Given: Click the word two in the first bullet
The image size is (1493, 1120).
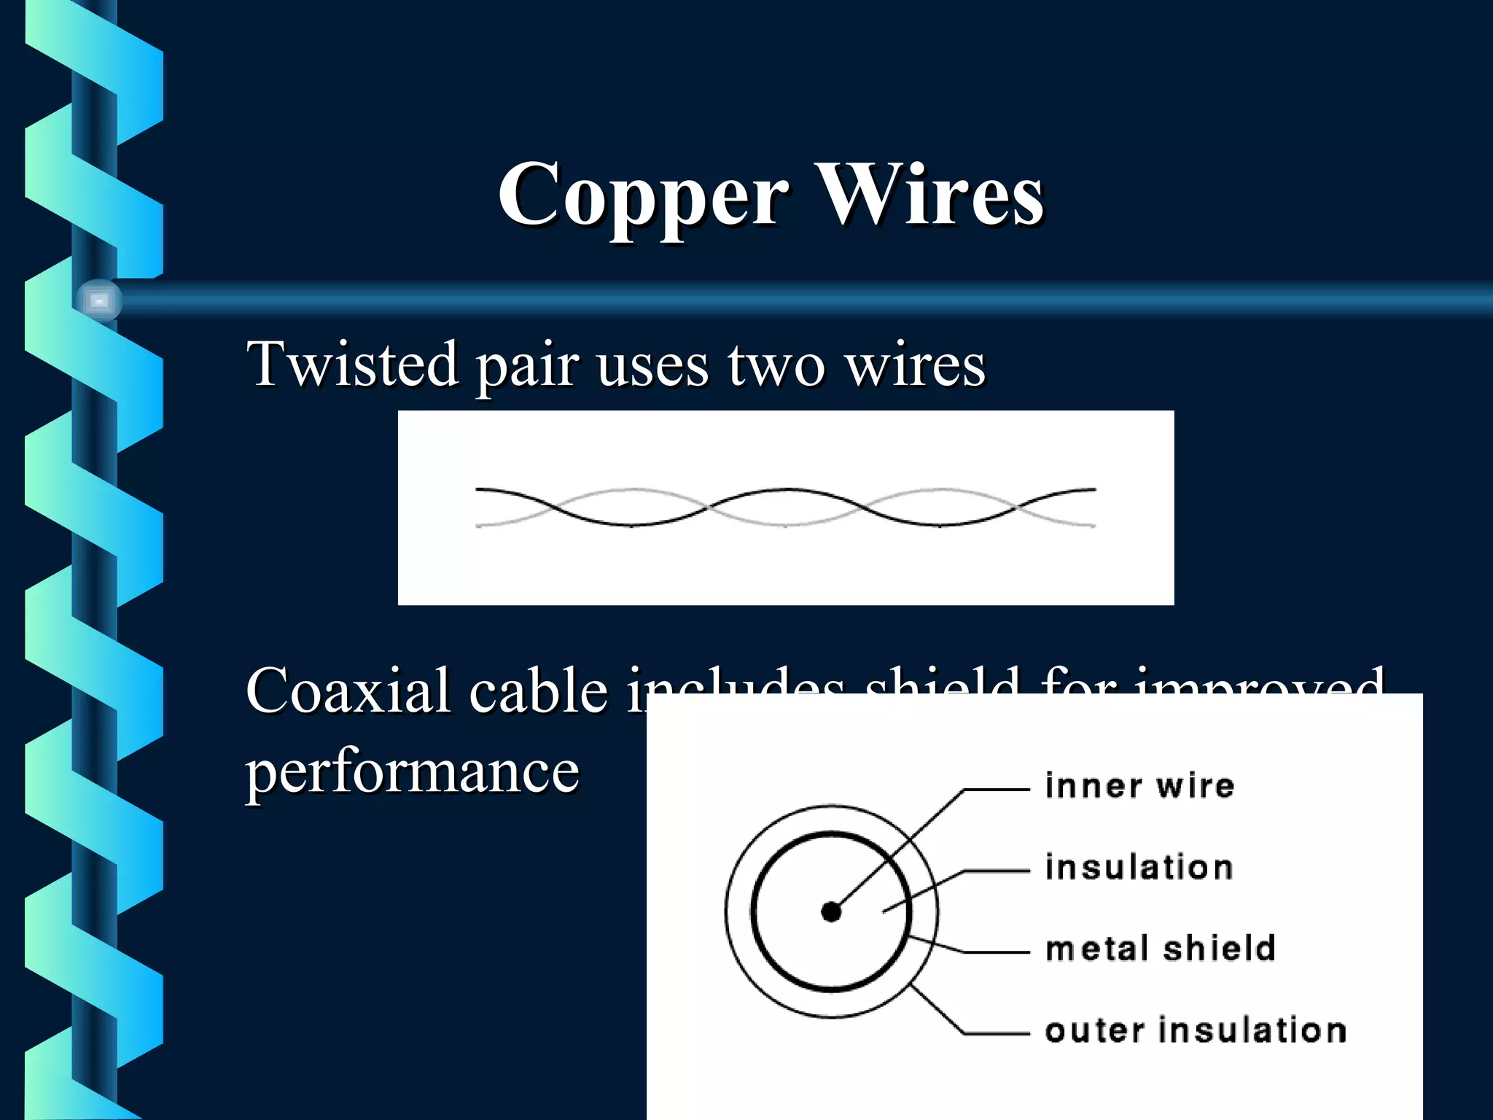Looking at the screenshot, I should tap(776, 365).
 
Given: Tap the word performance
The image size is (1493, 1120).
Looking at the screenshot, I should tap(413, 771).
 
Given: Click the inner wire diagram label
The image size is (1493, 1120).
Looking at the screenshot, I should tap(1139, 786).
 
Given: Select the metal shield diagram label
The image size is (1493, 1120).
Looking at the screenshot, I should tap(1160, 949).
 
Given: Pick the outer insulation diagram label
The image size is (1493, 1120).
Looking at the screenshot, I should tap(1196, 1030).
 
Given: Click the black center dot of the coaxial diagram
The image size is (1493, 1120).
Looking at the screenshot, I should tap(831, 911).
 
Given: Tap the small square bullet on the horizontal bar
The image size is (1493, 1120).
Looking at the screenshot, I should tap(100, 300).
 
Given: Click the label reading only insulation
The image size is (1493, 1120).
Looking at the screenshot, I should tap(1139, 868).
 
